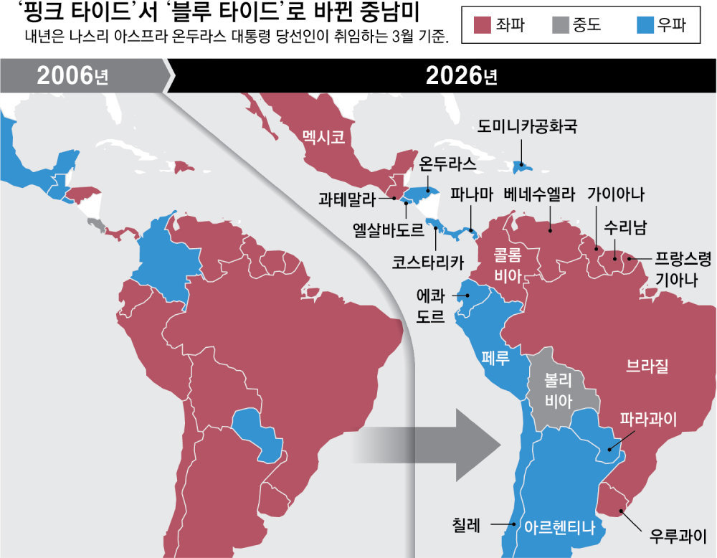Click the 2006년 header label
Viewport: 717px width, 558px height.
(72, 75)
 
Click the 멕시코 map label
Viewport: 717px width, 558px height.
(323, 135)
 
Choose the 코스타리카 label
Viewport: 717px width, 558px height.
(428, 262)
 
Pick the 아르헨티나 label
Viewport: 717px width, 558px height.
(560, 526)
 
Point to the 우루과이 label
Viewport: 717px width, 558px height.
(678, 536)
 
